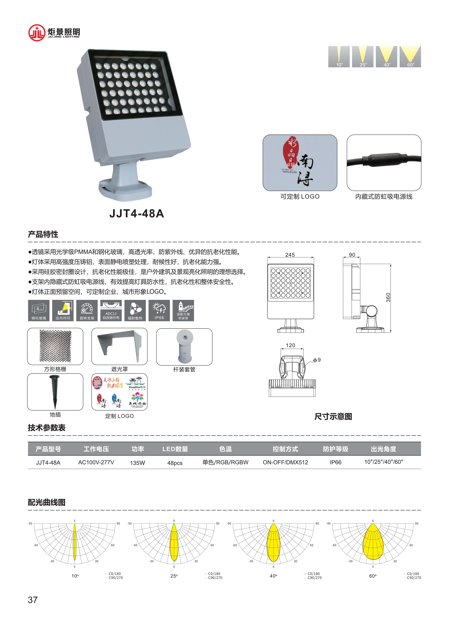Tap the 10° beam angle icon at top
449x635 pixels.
click(x=339, y=57)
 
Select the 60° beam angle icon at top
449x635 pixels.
click(x=410, y=57)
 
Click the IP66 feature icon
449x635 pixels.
click(x=159, y=310)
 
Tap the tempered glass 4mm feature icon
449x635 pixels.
click(x=39, y=310)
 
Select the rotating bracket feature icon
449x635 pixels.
click(x=87, y=310)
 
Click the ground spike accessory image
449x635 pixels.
click(x=55, y=392)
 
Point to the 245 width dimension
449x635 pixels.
click(x=290, y=255)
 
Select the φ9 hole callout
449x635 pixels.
click(x=317, y=360)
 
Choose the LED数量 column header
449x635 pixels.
click(x=175, y=449)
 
